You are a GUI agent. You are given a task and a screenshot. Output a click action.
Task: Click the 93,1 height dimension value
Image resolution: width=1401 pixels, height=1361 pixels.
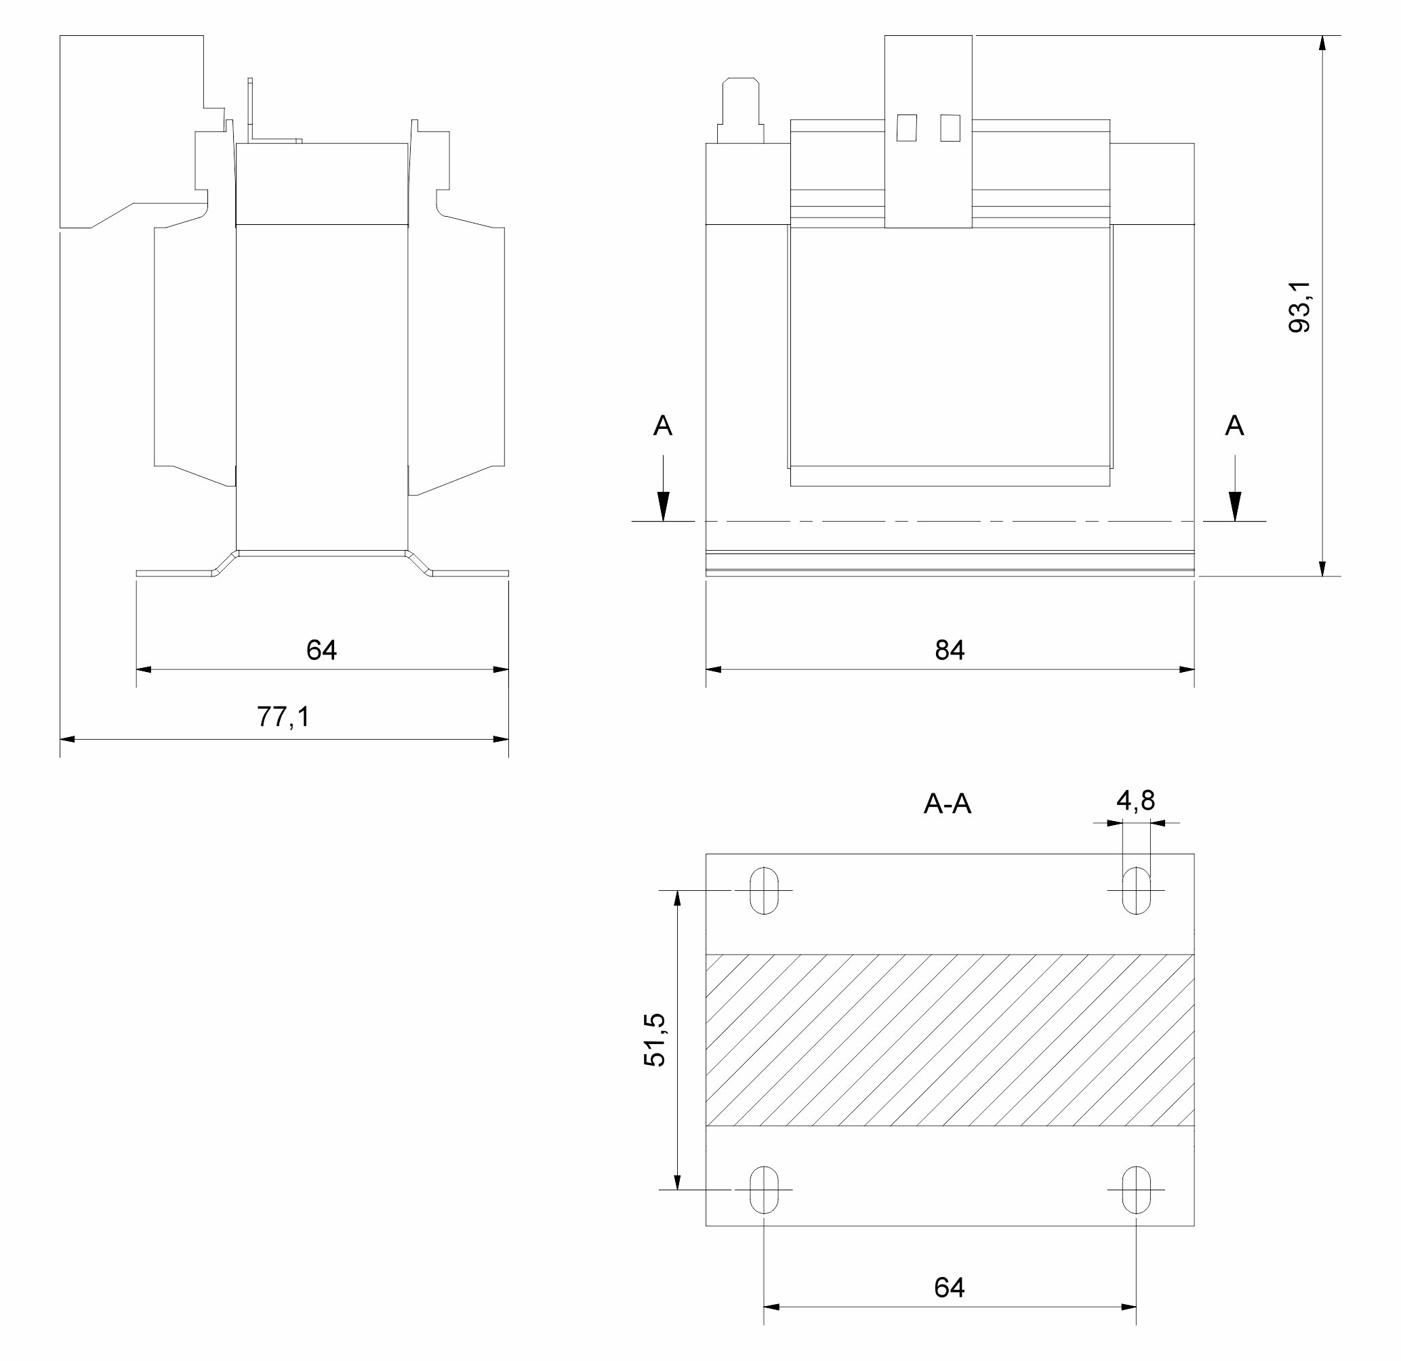(x=1299, y=306)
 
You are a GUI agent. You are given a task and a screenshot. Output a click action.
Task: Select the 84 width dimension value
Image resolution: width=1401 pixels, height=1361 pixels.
(x=950, y=650)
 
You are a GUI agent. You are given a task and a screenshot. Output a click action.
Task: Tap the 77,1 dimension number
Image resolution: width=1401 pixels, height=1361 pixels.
(x=283, y=716)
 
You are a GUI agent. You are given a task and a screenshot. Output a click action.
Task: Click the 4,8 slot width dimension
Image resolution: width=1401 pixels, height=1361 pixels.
(x=1136, y=800)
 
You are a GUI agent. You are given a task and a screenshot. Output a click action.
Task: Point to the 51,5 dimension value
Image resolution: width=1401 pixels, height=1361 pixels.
(x=654, y=1040)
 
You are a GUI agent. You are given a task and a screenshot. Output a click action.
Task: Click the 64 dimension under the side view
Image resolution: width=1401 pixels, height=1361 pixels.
(x=321, y=650)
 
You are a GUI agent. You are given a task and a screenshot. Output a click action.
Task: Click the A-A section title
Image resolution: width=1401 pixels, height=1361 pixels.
(x=947, y=805)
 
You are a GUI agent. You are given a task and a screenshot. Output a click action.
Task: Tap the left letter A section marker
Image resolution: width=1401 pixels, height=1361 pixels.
(x=663, y=426)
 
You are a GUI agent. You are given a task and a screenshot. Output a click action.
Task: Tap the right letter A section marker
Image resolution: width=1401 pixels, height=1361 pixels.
(x=1234, y=426)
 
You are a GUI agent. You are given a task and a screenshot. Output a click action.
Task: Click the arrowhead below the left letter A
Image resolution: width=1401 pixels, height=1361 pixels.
(x=663, y=507)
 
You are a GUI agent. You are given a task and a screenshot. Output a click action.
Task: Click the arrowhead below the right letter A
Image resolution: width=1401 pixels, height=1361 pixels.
(x=1234, y=507)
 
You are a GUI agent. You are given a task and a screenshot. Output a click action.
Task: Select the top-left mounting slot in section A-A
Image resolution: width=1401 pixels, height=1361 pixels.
(x=764, y=891)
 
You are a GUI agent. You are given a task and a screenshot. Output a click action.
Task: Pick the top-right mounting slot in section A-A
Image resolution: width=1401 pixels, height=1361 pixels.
(x=1137, y=891)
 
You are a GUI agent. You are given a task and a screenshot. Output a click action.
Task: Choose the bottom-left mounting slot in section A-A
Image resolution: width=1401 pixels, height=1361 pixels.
(x=764, y=1190)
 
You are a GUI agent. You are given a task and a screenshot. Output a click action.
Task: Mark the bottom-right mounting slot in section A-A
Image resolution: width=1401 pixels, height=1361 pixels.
(x=1137, y=1190)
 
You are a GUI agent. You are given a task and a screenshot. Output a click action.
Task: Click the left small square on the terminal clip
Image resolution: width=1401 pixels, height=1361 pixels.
(x=907, y=128)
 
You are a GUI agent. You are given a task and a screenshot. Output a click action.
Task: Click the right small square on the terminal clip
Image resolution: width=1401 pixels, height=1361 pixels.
(x=950, y=128)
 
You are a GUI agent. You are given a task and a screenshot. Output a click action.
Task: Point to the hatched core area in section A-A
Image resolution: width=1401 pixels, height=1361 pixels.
(x=950, y=1040)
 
